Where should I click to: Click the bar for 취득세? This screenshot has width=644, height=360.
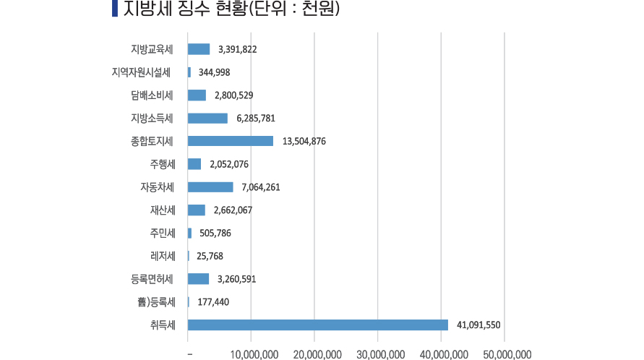[x=318, y=325]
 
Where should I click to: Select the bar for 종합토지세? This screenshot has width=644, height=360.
[x=231, y=141]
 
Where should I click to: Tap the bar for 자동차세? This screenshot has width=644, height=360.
[x=210, y=187]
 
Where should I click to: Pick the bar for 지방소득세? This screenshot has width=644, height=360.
[x=207, y=119]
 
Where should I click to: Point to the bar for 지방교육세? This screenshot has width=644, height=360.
[x=199, y=49]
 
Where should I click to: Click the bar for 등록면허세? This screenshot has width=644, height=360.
[x=198, y=279]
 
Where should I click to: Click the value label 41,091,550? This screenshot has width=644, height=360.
[x=478, y=325]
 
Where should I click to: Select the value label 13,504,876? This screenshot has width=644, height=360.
[x=304, y=142]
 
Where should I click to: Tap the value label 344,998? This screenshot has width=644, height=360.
[x=214, y=72]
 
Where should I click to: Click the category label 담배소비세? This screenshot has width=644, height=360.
[x=153, y=95]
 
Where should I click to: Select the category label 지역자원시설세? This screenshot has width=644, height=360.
[x=142, y=72]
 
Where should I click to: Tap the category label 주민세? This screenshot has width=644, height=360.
[x=163, y=233]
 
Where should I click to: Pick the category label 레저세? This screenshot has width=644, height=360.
[x=163, y=256]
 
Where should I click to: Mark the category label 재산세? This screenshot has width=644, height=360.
[x=163, y=210]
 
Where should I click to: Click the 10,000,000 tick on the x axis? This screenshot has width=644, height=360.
[x=254, y=354]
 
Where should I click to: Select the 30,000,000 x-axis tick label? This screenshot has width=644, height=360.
[x=380, y=354]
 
